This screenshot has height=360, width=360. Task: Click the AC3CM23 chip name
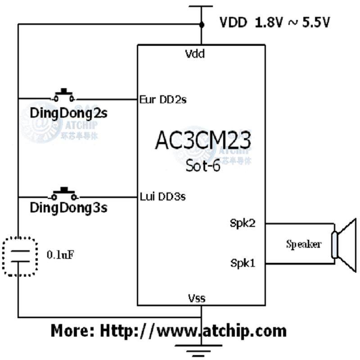tap(203, 141)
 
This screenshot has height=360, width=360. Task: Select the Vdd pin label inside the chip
tap(195, 54)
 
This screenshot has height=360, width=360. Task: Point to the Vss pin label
tap(197, 297)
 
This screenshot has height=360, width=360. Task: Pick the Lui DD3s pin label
tap(163, 196)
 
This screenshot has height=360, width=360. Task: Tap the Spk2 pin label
tap(243, 223)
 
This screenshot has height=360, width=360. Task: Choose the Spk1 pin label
tap(243, 263)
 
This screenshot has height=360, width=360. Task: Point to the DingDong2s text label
tap(68, 112)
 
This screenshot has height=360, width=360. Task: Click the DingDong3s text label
tap(69, 209)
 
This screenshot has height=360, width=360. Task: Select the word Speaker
tap(304, 244)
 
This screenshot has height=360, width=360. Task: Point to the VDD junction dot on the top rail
tap(201, 25)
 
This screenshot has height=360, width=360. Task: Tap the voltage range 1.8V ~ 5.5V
tap(293, 22)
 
